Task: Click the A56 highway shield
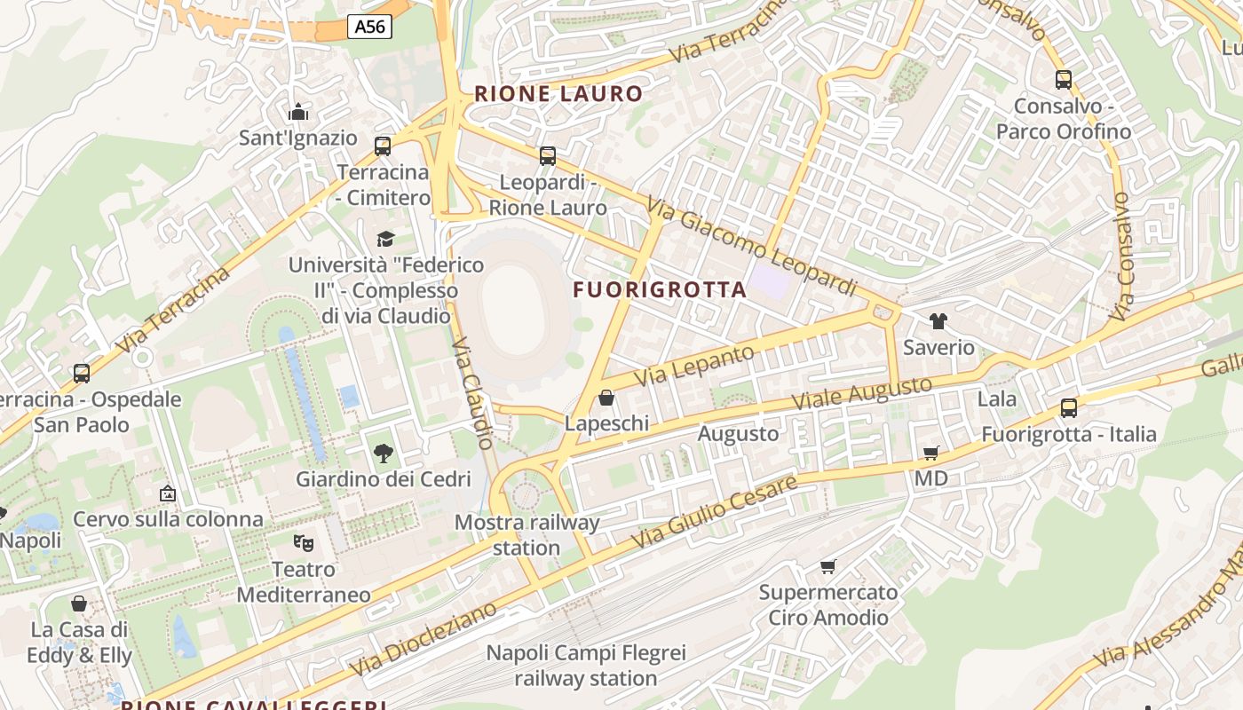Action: (x=369, y=27)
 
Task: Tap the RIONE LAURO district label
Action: (x=558, y=94)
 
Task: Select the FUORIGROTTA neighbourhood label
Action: (x=660, y=289)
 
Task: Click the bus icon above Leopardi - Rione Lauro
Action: (x=548, y=156)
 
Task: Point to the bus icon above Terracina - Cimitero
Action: (x=383, y=146)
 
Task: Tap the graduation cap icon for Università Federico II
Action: (x=385, y=239)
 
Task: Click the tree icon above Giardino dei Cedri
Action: (x=383, y=454)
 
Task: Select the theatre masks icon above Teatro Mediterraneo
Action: (x=304, y=541)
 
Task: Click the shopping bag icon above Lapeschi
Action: (x=606, y=398)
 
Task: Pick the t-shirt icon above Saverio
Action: (x=938, y=321)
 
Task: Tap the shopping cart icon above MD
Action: (x=931, y=454)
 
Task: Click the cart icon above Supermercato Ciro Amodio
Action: (x=828, y=566)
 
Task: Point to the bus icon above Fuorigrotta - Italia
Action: (x=1069, y=408)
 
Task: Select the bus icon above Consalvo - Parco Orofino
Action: (x=1064, y=80)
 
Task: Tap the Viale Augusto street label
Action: (x=861, y=392)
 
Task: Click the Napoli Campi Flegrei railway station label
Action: (x=586, y=666)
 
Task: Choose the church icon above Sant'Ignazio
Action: (x=298, y=112)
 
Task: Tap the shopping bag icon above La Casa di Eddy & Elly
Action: (x=79, y=604)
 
